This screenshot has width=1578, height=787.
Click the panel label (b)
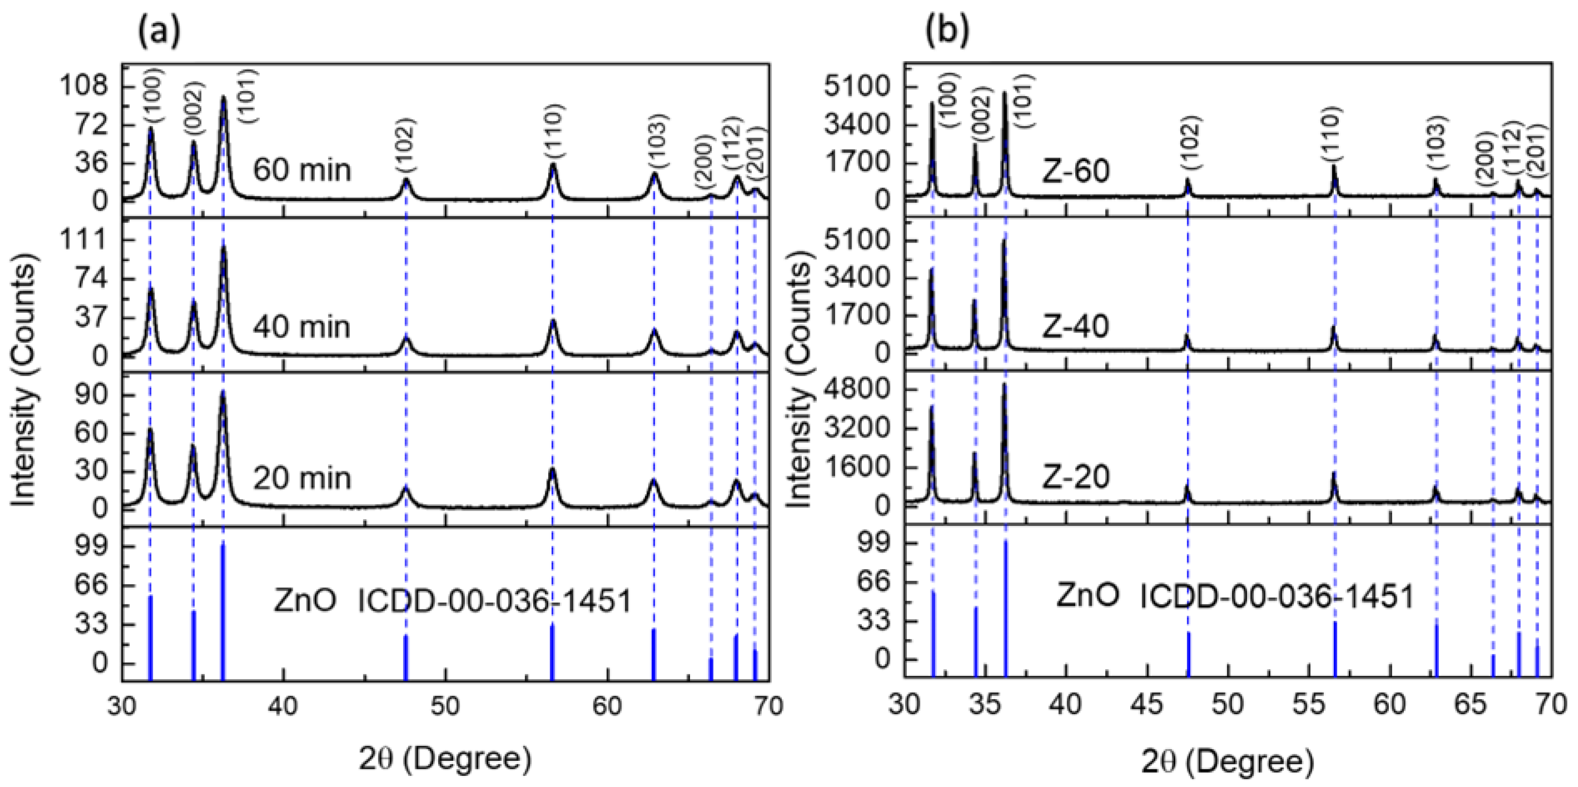[947, 32]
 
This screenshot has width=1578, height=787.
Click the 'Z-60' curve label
[1076, 171]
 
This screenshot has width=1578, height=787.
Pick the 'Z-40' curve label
[1075, 327]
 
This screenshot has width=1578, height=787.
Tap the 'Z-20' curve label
[1076, 477]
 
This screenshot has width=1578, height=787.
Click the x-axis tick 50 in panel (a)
[445, 705]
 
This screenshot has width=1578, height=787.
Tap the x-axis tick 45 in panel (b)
[1148, 705]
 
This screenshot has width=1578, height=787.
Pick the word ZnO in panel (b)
[1088, 596]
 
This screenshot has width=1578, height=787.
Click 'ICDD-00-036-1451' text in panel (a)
[494, 602]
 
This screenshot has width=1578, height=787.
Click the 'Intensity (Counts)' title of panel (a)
[24, 385]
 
